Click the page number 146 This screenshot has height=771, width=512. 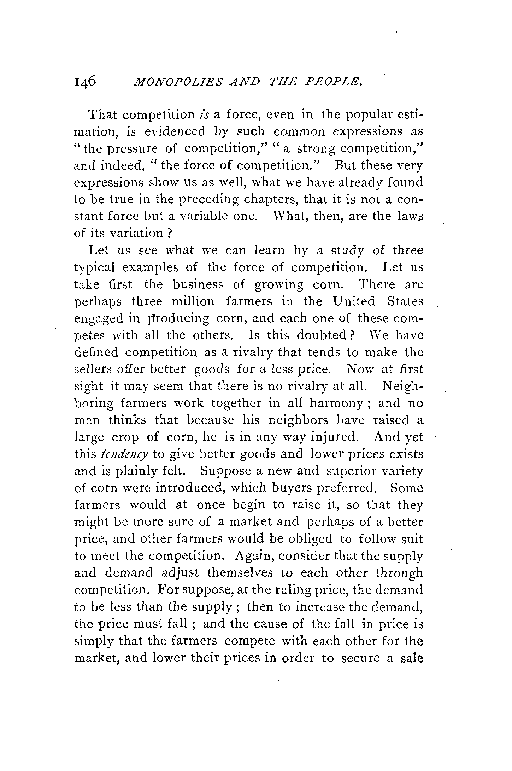coord(85,92)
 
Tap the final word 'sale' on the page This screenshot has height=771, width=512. coord(411,658)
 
